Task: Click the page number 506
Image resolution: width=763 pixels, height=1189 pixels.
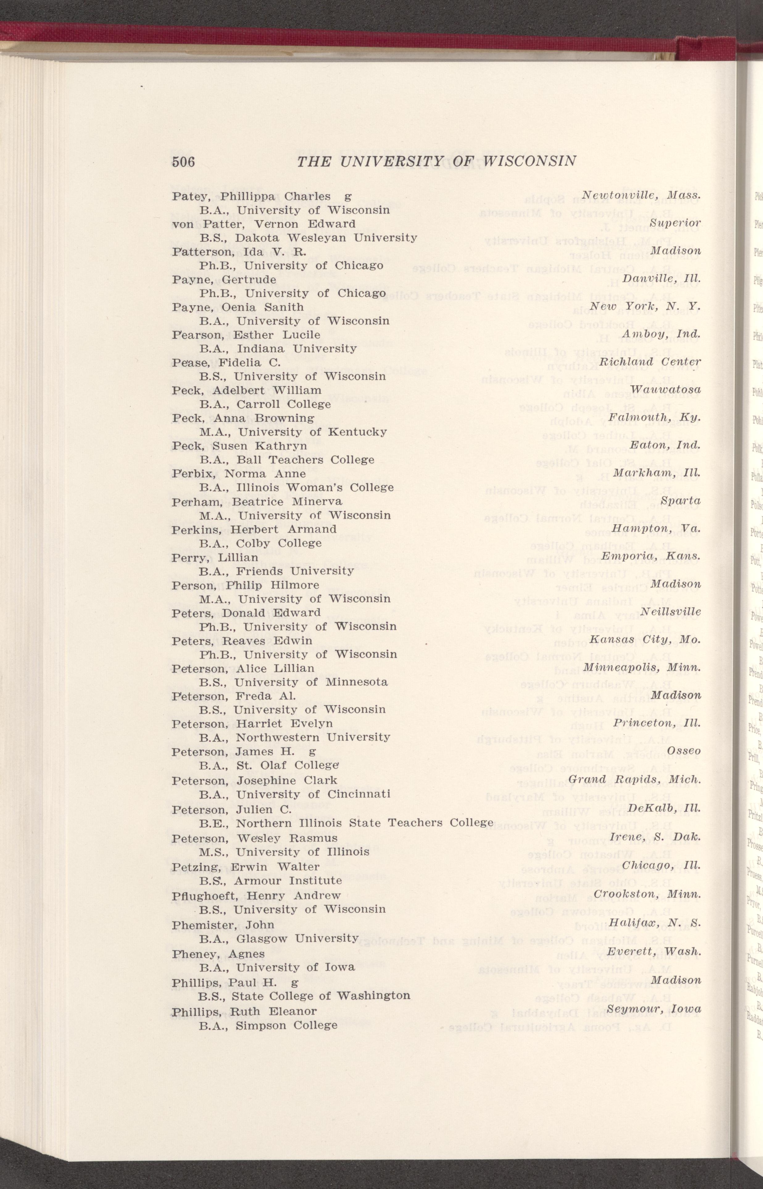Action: (183, 162)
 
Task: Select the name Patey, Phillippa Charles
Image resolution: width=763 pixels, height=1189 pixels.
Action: (251, 196)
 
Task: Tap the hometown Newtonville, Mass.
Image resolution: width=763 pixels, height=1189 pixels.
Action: (641, 195)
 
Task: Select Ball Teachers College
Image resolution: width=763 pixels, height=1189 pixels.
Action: (312, 460)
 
